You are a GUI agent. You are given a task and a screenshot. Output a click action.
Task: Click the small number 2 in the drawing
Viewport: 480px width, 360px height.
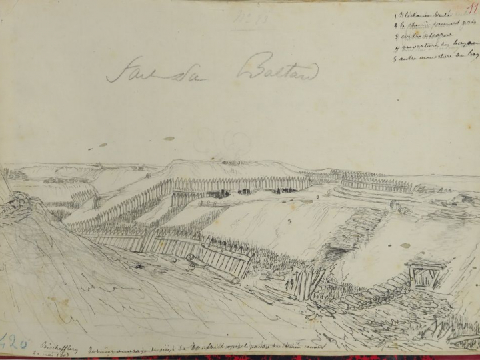click(x=319, y=197)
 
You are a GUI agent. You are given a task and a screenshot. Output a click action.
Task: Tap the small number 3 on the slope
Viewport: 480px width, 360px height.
click(x=288, y=219)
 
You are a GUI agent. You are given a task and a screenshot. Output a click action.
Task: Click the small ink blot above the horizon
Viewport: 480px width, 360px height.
click(x=168, y=139)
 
